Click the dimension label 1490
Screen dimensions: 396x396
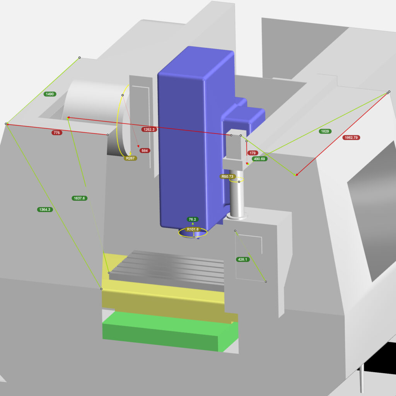point(49,94)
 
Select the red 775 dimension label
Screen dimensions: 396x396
point(57,133)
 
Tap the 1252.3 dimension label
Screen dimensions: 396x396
point(149,130)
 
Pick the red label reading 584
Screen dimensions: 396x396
point(145,150)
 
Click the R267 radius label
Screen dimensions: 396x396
point(130,158)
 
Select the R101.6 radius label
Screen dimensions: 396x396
point(193,229)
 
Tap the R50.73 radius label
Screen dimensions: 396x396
point(228,177)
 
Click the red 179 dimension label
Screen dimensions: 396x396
point(253,153)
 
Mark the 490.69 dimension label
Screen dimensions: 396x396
point(259,159)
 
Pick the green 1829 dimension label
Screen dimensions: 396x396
point(325,131)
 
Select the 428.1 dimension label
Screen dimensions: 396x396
point(242,259)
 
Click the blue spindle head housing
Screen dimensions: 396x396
point(186,147)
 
